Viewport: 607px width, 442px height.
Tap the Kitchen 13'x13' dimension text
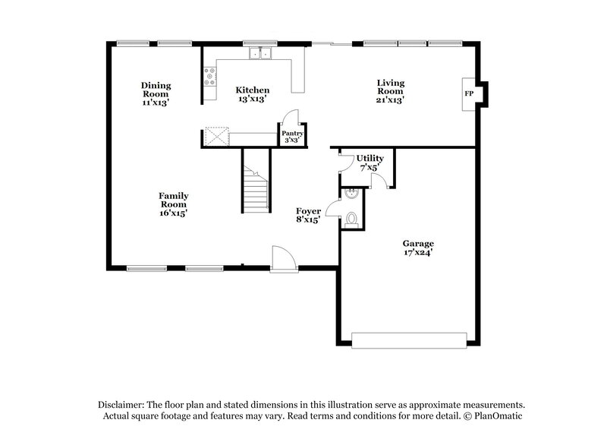coord(252,99)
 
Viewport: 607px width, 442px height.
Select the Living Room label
coord(391,87)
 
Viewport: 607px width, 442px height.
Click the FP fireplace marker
coord(469,93)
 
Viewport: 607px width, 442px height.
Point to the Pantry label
coord(293,133)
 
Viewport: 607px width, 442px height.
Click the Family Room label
coord(173,200)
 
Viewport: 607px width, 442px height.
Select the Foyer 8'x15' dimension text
coord(307,220)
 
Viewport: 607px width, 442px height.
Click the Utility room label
coord(360,158)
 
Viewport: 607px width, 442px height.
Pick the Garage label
coord(417,244)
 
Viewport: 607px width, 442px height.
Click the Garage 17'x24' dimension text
coord(417,253)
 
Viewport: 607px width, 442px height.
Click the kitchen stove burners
coord(210,77)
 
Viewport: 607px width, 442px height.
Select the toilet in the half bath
coord(351,220)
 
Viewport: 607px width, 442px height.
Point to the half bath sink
coord(350,194)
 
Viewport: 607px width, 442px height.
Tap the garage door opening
coord(410,341)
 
